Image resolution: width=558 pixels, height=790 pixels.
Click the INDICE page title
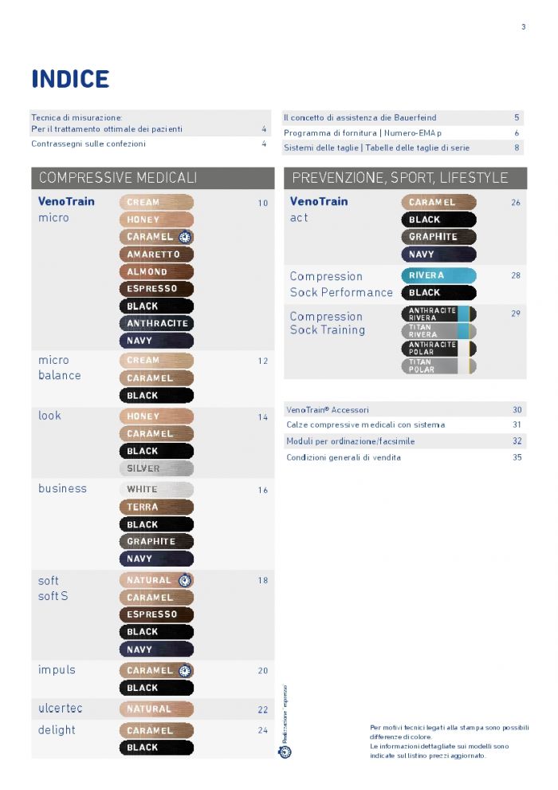tap(70, 79)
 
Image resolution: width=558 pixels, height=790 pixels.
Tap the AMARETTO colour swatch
tap(156, 255)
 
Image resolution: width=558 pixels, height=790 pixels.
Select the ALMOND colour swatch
tap(156, 272)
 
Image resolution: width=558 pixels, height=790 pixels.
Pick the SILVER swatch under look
tap(156, 468)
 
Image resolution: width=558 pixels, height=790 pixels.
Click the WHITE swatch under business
tap(156, 489)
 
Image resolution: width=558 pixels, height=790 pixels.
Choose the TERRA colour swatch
tap(156, 507)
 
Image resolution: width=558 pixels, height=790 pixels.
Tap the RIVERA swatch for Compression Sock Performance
tap(438, 275)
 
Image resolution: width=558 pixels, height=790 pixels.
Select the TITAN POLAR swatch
tap(438, 366)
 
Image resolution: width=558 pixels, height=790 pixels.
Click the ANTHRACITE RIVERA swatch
tap(438, 314)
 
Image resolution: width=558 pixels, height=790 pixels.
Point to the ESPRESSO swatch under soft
tap(156, 614)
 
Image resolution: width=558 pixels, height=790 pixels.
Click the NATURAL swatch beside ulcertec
tap(156, 709)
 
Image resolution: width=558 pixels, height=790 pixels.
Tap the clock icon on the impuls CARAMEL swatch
tap(185, 671)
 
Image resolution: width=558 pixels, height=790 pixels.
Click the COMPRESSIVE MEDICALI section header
tap(118, 177)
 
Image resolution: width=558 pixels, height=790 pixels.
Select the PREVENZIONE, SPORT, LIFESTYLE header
tap(400, 177)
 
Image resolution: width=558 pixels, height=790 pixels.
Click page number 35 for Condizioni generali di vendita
tap(517, 457)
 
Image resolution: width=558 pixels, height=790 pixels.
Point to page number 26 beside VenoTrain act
tap(516, 203)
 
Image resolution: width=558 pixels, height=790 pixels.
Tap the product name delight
tap(57, 730)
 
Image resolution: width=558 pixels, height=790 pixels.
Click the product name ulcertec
tap(61, 709)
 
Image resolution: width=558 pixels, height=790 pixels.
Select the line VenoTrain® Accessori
tap(328, 410)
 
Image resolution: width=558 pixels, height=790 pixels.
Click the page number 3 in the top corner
tap(523, 27)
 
